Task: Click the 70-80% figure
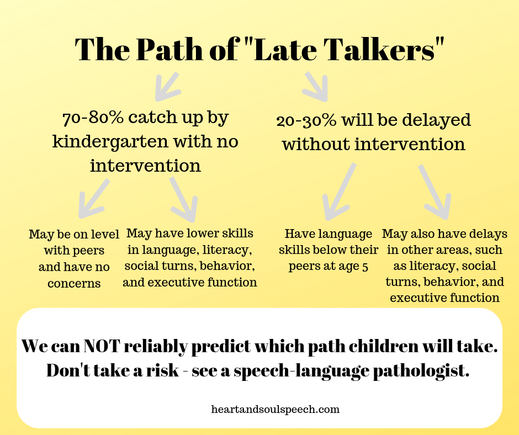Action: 93,118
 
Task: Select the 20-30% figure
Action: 306,121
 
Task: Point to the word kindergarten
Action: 110,142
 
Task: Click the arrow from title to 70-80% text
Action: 167,87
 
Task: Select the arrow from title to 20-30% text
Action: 316,87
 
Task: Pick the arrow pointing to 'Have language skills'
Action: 339,192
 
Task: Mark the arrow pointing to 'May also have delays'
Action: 435,192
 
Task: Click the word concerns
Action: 74,284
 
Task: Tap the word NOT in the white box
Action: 101,346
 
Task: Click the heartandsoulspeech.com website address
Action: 276,410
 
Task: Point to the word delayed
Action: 436,121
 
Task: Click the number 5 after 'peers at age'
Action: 365,267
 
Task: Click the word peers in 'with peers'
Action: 88,251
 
